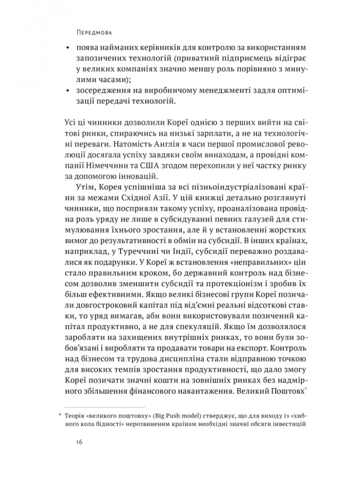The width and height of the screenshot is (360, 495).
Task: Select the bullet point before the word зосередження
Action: tap(67, 91)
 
